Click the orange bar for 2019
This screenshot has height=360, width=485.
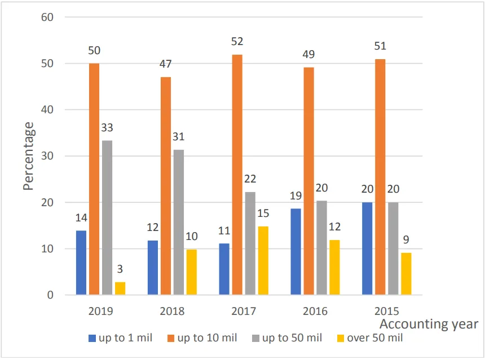tap(94, 179)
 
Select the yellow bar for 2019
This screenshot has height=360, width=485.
tap(120, 288)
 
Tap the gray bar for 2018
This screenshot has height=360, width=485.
tap(179, 222)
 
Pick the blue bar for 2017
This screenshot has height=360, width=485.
tap(224, 269)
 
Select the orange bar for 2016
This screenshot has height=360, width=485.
tap(308, 181)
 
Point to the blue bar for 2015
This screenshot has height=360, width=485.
tap(367, 248)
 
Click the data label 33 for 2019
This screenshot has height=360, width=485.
tap(107, 128)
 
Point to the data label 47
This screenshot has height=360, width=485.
tap(166, 64)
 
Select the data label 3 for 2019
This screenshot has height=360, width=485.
tap(120, 269)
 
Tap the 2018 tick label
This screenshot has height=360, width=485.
tap(172, 311)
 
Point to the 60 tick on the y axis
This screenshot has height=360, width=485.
tap(47, 17)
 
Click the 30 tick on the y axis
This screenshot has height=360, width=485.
tap(47, 156)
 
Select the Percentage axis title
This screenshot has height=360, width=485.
tap(29, 156)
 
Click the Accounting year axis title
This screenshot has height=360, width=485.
tap(429, 324)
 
